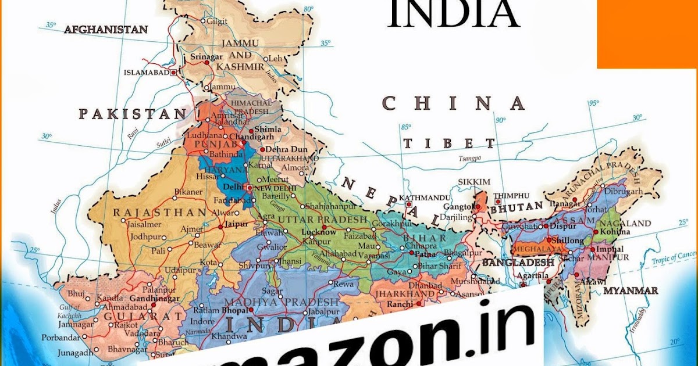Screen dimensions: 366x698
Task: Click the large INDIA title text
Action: point(453,15)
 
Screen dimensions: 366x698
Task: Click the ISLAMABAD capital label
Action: point(147,73)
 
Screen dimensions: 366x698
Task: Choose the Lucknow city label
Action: point(319,232)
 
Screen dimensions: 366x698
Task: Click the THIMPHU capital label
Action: point(511,196)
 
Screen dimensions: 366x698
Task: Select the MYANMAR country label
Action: point(631,290)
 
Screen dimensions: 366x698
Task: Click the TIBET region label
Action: point(449,143)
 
